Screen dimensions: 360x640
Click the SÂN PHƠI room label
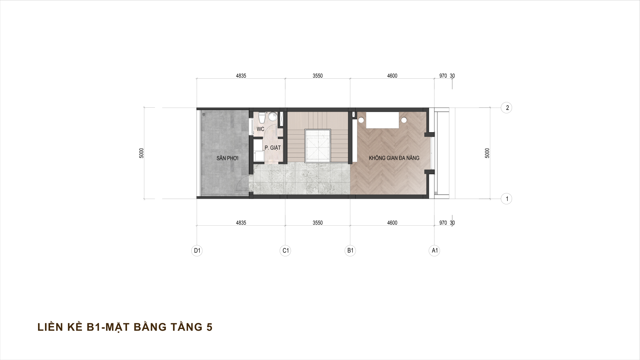(227, 158)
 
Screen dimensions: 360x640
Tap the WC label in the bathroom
(260, 129)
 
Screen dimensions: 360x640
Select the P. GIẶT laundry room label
(273, 148)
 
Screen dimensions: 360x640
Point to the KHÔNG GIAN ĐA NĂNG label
(394, 158)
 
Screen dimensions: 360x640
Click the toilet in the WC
(262, 117)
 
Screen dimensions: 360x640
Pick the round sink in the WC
(273, 117)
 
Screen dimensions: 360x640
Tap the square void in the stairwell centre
(317, 146)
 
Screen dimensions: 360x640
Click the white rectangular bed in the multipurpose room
(383, 120)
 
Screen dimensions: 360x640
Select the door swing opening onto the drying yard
(243, 184)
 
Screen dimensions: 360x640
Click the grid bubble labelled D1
(197, 250)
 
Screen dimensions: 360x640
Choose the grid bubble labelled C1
(285, 250)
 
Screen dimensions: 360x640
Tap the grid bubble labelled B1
(350, 250)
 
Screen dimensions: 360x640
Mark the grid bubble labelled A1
(434, 250)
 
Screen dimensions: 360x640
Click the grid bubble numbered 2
(507, 108)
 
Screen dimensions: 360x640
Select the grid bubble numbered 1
(507, 199)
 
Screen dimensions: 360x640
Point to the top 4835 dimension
(241, 76)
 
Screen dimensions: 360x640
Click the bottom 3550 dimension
(317, 223)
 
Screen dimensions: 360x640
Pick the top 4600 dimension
(392, 76)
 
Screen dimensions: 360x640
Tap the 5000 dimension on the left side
(142, 153)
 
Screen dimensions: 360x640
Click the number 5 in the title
(209, 327)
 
